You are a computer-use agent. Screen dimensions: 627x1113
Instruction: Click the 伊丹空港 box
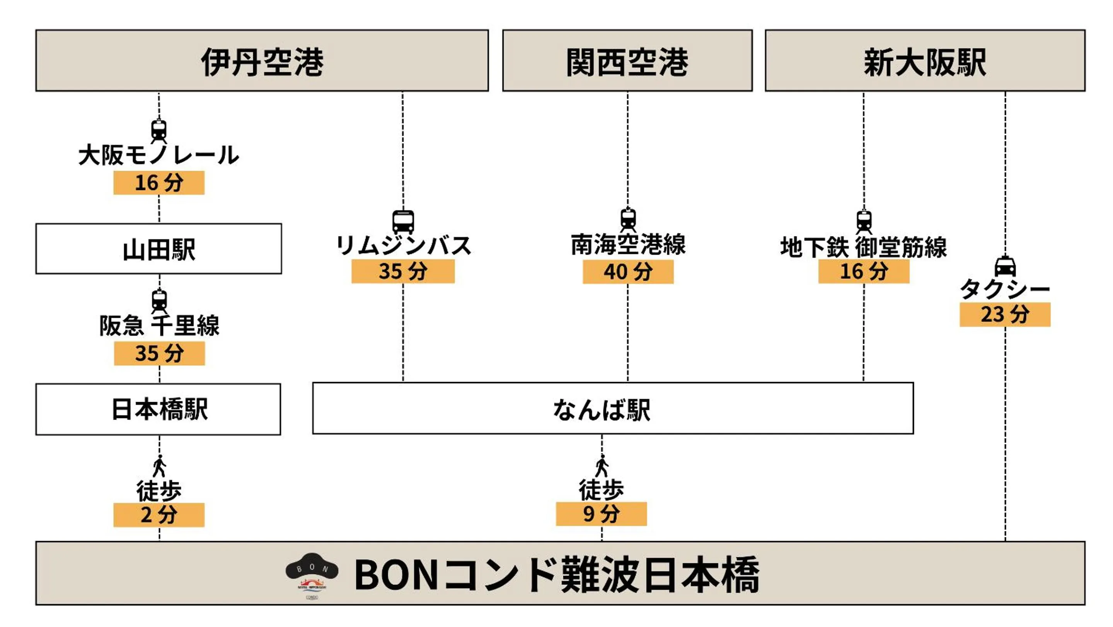262,60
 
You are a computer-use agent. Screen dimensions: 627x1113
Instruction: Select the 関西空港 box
627,60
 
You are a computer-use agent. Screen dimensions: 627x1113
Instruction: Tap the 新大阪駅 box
925,60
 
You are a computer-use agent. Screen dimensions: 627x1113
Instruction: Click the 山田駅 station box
159,248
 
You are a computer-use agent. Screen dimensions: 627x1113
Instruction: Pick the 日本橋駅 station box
158,409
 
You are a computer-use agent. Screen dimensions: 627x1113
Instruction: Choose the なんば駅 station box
613,408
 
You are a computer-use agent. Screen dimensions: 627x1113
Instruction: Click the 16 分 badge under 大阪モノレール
159,182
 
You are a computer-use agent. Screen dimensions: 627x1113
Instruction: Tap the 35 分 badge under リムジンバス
403,271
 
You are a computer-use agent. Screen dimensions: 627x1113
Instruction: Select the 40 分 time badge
628,272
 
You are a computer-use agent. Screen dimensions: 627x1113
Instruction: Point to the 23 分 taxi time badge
1004,314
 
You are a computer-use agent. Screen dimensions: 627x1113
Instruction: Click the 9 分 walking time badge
601,514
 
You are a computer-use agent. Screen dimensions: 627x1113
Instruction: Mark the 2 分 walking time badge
159,515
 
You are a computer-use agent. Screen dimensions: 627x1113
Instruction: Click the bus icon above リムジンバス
403,222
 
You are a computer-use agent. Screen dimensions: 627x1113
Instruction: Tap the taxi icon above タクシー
1005,266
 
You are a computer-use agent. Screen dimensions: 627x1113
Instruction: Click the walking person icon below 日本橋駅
159,466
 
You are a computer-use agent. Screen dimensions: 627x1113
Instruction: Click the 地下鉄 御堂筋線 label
863,247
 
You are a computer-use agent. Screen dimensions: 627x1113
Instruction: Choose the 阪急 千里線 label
159,325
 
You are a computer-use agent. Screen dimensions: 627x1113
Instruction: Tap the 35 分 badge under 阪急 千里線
159,353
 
